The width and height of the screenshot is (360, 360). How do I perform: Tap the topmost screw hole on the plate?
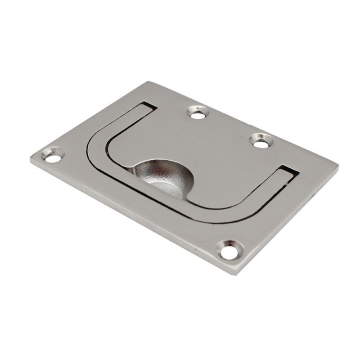198,112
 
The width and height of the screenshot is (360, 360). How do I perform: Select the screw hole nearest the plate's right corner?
261,141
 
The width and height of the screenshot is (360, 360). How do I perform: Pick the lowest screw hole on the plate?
229,251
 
